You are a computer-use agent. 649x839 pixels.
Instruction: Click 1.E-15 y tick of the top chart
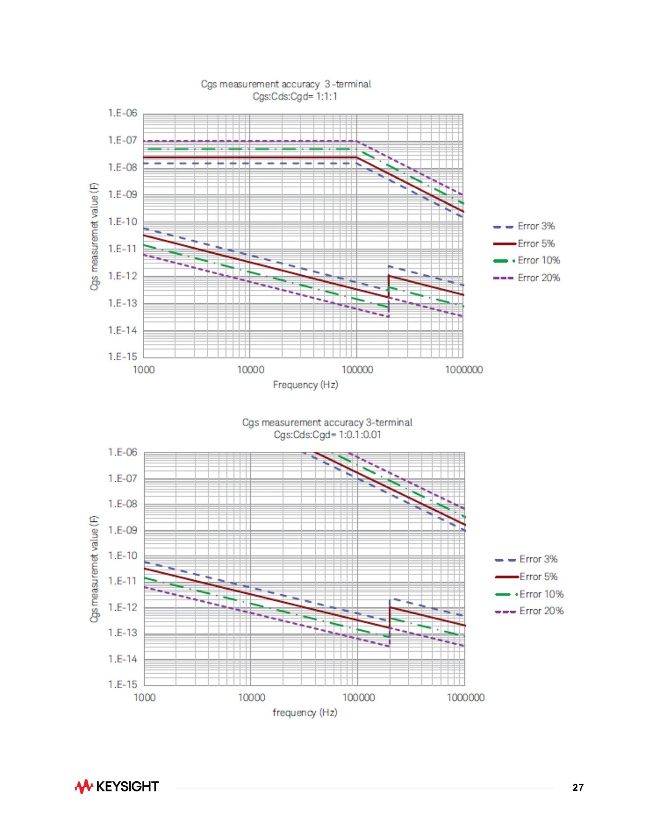click(x=122, y=357)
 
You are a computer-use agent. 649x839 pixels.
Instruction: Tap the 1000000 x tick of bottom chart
click(x=465, y=697)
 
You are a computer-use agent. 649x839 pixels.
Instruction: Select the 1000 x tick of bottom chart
click(x=145, y=697)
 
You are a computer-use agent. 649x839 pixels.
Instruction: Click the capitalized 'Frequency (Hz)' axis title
click(x=305, y=385)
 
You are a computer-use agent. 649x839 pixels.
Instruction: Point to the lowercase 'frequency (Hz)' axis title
click(x=305, y=713)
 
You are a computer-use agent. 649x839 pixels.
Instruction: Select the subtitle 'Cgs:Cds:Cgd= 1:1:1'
click(x=294, y=96)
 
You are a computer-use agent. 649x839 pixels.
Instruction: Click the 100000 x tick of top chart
click(x=357, y=370)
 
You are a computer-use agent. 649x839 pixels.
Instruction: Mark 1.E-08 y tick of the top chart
click(x=122, y=168)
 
